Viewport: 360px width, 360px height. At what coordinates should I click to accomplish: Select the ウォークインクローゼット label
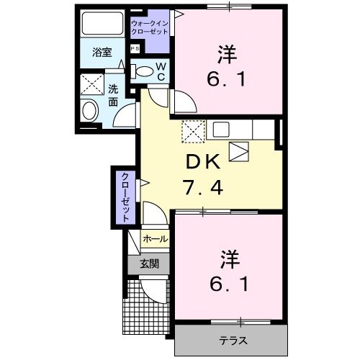[150, 27]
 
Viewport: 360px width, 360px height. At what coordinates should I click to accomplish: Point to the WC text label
[161, 71]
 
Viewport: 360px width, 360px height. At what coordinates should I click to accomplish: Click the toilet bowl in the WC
[145, 71]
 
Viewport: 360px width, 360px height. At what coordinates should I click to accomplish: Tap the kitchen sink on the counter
[220, 130]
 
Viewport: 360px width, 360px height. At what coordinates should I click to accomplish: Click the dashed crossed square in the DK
[193, 130]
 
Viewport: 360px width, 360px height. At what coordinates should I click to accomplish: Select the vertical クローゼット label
[125, 195]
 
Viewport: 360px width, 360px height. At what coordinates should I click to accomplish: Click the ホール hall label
[155, 239]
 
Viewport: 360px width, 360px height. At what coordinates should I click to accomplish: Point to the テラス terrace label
[230, 339]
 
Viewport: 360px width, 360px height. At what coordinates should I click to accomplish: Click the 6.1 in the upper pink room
[229, 78]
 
